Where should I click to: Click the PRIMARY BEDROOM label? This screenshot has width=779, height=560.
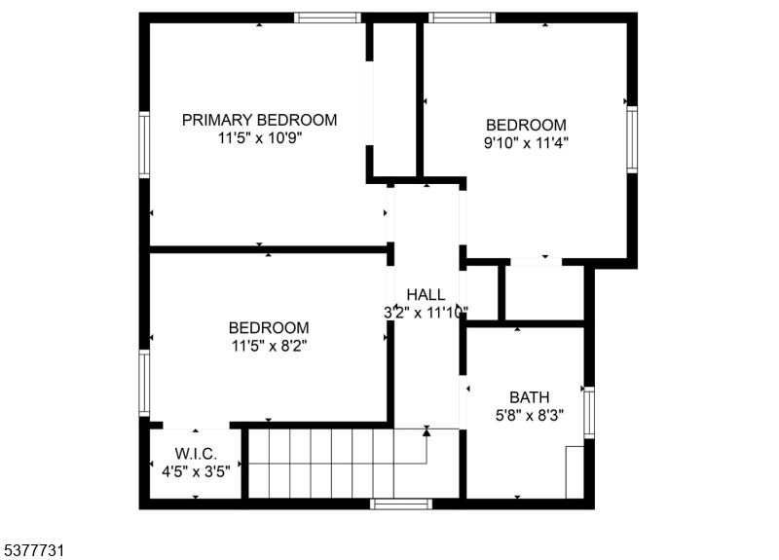tap(260, 120)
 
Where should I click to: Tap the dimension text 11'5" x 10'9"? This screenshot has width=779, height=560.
tap(260, 138)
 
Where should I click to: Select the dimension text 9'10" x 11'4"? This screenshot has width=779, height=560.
tap(526, 142)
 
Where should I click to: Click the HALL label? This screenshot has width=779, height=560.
tap(426, 294)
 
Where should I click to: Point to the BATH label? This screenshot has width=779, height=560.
tap(529, 396)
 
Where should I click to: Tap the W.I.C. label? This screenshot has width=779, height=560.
tap(196, 455)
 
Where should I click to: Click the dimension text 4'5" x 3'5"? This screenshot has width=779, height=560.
tap(196, 471)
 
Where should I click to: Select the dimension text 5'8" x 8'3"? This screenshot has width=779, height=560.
tap(529, 414)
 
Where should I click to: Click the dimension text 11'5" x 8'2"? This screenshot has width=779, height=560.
tap(269, 345)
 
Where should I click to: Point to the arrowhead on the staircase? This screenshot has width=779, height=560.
tap(427, 431)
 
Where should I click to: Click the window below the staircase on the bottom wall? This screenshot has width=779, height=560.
tap(400, 504)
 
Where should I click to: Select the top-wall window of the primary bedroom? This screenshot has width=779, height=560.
tap(328, 18)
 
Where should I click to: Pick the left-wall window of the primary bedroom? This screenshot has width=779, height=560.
tap(144, 145)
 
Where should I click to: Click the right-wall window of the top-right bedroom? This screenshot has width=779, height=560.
tap(632, 138)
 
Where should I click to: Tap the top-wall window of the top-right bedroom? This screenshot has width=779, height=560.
tap(462, 18)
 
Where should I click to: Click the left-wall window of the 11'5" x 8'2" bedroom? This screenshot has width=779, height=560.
tap(144, 384)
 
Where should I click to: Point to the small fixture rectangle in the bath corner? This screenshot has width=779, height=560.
tap(574, 471)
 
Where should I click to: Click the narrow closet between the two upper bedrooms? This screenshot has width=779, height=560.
tap(394, 97)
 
